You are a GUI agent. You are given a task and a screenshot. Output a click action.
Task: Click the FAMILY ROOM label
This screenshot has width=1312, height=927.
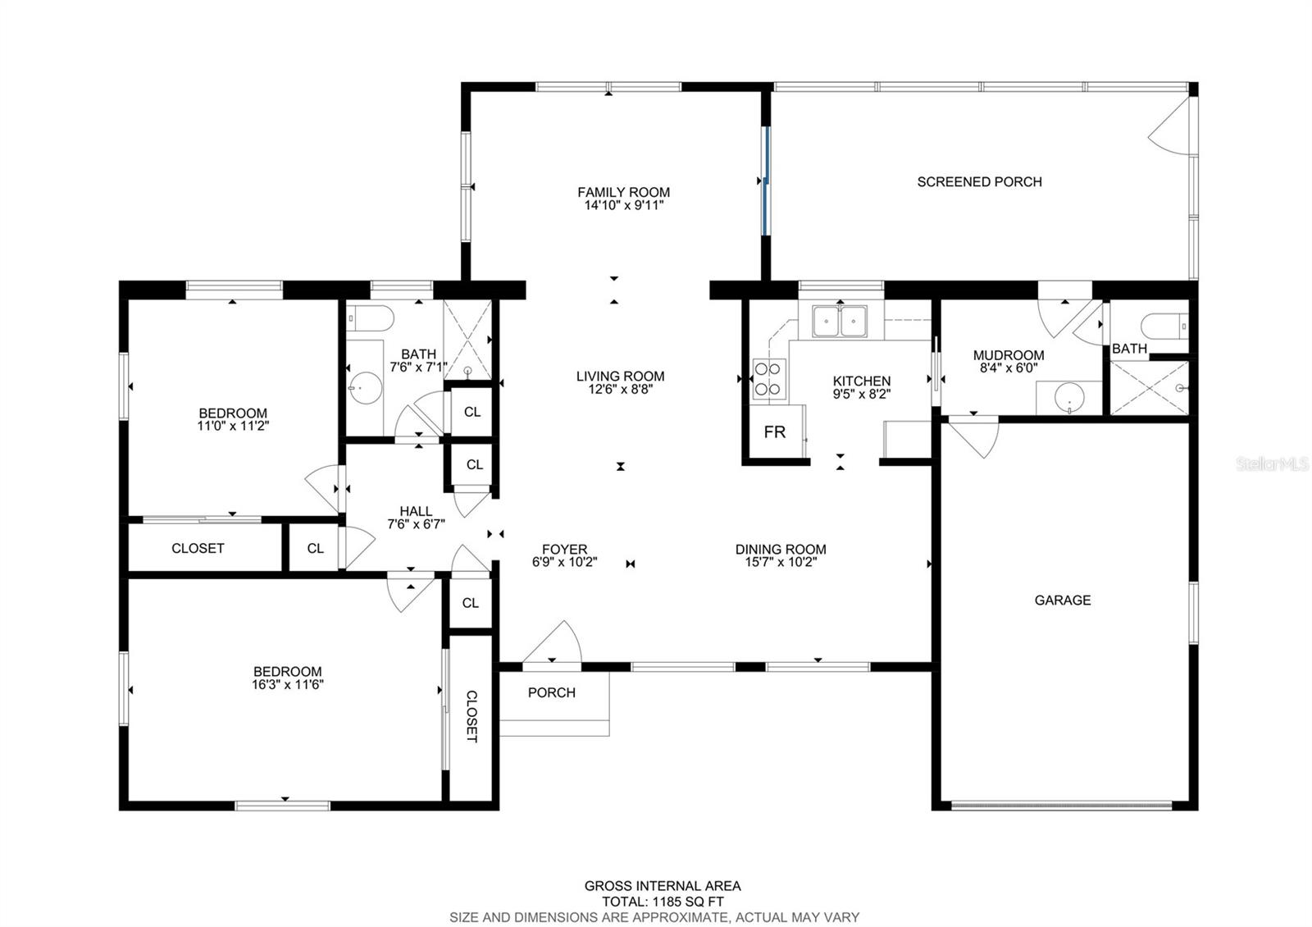coord(623,192)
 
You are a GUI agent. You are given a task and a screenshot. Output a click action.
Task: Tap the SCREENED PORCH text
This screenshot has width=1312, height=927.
coord(979,182)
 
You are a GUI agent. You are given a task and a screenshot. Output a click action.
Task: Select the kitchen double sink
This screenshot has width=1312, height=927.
coord(840,321)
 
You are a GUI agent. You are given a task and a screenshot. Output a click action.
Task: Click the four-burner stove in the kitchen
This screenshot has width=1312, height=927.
coord(768,380)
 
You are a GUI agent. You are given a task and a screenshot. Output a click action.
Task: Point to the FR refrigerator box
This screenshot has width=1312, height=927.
coord(774,432)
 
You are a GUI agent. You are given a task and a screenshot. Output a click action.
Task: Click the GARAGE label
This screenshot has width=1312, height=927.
coord(1062,600)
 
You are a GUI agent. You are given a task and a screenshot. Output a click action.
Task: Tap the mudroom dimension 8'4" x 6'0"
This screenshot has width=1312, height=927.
coord(1008,368)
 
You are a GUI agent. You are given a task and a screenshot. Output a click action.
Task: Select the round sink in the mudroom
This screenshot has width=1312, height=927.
coord(1069,398)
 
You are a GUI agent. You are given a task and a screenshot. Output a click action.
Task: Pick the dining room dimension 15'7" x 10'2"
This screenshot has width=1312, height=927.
coord(781,563)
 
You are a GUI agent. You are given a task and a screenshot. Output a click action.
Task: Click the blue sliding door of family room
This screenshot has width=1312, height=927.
coord(765,180)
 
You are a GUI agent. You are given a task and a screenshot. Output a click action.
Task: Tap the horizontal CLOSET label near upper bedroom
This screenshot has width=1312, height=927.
coord(198,548)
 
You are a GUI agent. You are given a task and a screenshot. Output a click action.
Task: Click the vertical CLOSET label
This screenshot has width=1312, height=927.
coord(471,716)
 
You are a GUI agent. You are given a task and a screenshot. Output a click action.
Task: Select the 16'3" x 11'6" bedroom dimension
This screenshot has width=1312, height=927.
coord(287,684)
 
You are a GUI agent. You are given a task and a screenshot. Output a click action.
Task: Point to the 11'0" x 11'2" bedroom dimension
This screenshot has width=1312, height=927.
coord(233,426)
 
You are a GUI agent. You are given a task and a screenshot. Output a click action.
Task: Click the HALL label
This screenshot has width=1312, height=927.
coord(416,511)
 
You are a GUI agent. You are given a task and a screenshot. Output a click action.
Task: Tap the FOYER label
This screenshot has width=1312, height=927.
coord(564,550)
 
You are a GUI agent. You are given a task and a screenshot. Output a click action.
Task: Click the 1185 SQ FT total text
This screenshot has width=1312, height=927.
coord(663,902)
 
